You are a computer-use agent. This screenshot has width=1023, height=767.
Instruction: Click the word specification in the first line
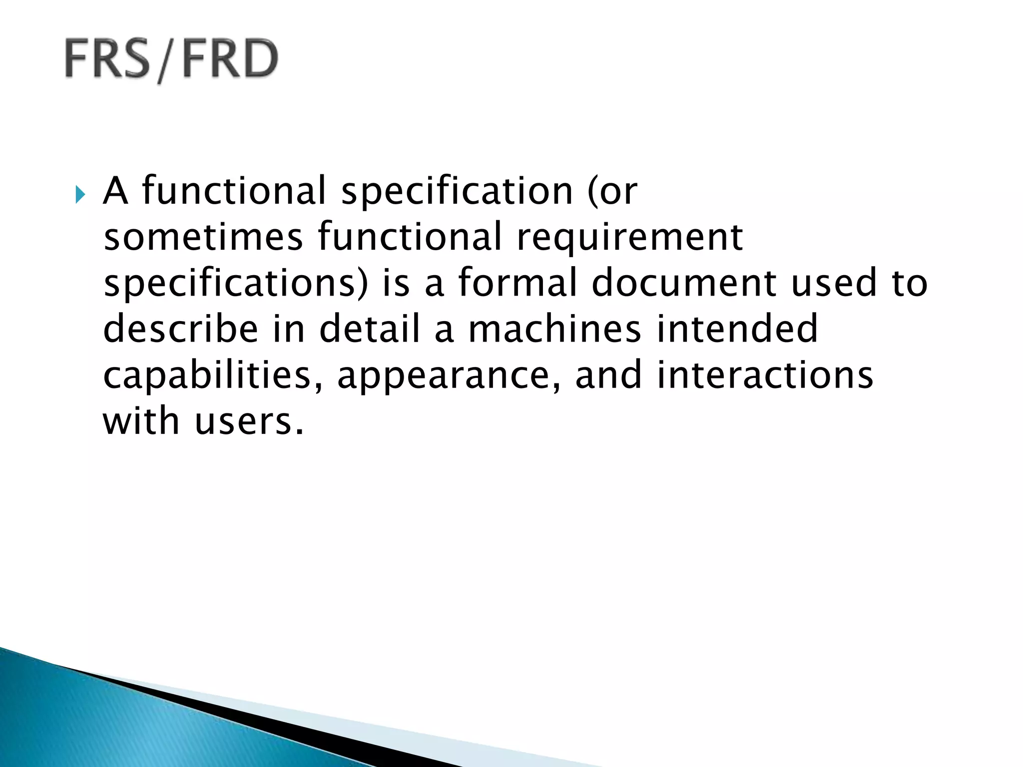point(457,191)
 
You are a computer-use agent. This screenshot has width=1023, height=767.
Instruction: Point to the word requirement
point(629,238)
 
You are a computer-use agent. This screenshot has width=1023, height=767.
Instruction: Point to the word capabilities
point(213,376)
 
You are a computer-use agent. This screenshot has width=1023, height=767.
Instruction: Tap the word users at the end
point(248,422)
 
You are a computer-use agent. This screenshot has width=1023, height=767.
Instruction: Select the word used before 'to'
point(834,282)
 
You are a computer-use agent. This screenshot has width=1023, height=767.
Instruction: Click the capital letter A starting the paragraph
point(115,191)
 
